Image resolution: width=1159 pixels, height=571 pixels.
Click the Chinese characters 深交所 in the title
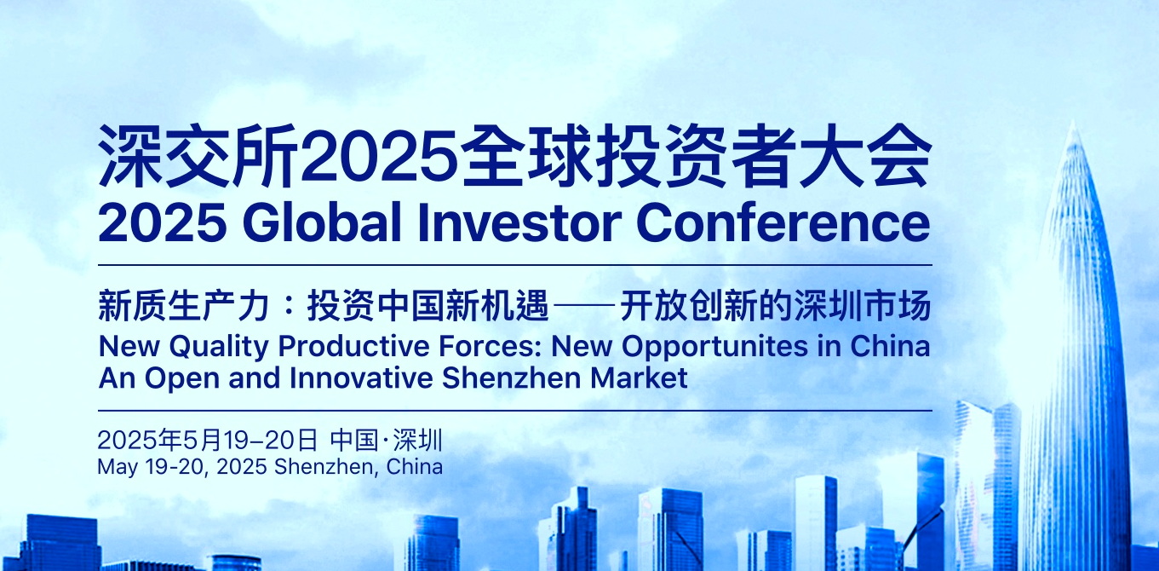pos(198,156)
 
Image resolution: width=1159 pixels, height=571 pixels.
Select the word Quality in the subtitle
pos(219,347)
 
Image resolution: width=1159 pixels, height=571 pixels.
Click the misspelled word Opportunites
pos(714,347)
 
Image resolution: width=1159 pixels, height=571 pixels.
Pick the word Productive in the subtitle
pos(354,346)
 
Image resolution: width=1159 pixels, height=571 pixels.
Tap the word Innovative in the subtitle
pos(361,378)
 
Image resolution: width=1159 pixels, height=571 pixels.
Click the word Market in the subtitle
pos(639,378)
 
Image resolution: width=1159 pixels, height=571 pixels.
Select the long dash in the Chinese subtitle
pos(584,306)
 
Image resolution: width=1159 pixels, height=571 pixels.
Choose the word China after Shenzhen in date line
pos(415,467)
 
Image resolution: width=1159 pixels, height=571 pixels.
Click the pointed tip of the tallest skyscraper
pos(1073,122)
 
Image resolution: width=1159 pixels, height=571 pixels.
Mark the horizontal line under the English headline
pos(515,265)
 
